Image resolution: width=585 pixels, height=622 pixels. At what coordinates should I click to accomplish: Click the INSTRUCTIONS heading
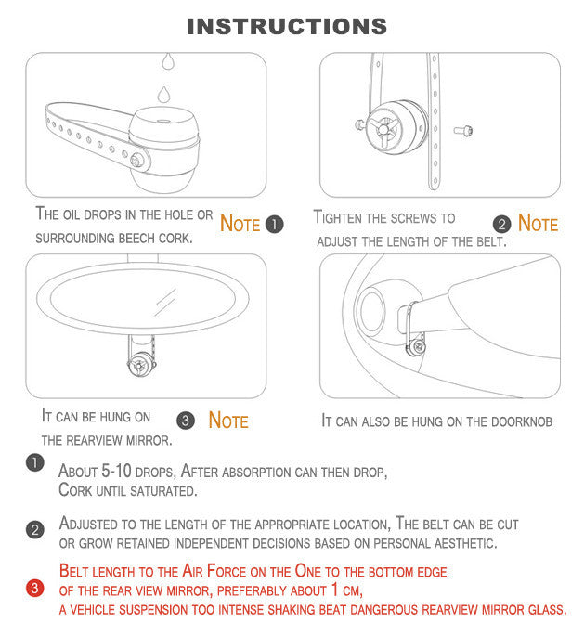[287, 27]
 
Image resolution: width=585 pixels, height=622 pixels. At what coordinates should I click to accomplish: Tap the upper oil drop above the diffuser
[168, 61]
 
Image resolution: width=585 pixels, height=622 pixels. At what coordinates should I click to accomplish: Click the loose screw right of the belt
[463, 130]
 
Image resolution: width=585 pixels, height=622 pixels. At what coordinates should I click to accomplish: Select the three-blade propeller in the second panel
[383, 129]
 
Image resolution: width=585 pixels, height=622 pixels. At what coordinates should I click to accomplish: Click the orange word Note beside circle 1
[240, 224]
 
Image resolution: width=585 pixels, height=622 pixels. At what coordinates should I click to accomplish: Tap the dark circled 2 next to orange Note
[501, 224]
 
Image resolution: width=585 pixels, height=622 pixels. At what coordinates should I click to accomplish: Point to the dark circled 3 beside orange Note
[186, 421]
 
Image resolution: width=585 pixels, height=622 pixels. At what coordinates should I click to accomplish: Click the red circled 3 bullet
[35, 589]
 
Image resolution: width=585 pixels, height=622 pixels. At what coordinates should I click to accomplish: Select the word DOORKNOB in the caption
[522, 421]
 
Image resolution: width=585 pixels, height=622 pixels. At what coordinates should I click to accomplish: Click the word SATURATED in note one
[163, 491]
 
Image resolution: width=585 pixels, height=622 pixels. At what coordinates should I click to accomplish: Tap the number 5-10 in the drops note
[116, 471]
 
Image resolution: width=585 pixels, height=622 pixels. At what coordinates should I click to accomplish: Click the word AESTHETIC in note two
[465, 543]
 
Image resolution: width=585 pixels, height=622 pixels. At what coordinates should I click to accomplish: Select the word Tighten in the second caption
[338, 217]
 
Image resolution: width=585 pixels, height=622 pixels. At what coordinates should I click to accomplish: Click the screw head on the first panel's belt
[136, 161]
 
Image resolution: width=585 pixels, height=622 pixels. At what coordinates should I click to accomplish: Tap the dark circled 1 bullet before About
[35, 463]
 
